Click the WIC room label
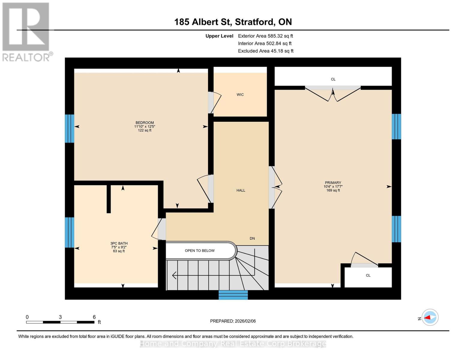click(x=240, y=94)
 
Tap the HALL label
click(x=241, y=190)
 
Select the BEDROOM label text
click(x=145, y=122)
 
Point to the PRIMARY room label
click(x=333, y=182)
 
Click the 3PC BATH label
click(x=119, y=243)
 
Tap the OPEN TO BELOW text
click(x=200, y=250)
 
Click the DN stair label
click(x=252, y=238)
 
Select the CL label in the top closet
click(x=333, y=79)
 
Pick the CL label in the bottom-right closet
click(x=368, y=275)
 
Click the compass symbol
click(x=430, y=317)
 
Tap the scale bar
click(x=60, y=322)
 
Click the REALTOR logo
click(x=26, y=31)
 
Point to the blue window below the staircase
click(x=233, y=295)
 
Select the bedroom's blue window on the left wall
click(x=70, y=128)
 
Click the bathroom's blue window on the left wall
click(x=70, y=232)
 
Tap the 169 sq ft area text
click(x=333, y=190)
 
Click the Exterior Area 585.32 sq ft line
click(x=265, y=36)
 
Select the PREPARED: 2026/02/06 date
click(x=233, y=321)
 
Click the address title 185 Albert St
click(x=233, y=22)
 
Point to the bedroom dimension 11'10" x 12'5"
click(x=145, y=126)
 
